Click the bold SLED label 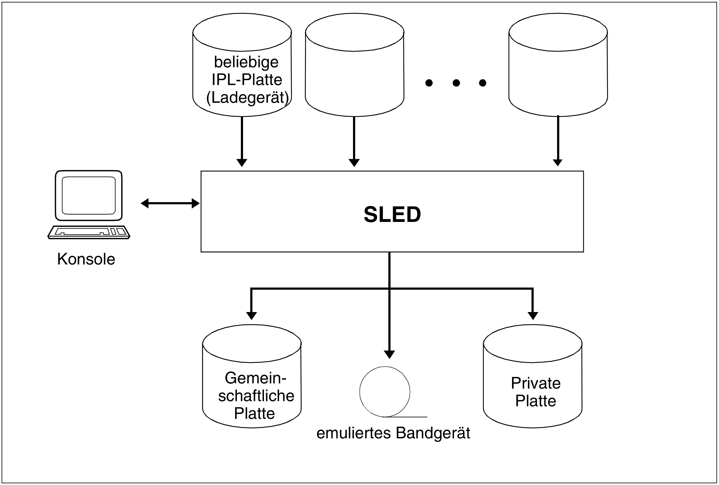click(392, 214)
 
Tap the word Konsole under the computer click(86, 259)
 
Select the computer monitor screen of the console click(89, 195)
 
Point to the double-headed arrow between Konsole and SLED click(170, 204)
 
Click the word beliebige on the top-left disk click(246, 62)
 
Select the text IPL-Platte click(247, 80)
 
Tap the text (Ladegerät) click(247, 97)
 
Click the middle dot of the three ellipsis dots click(456, 83)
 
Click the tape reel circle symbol click(385, 392)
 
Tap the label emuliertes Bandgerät click(393, 433)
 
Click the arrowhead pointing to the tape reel click(389, 354)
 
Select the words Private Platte click(535, 392)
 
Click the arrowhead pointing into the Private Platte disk click(533, 315)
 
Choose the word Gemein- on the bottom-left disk click(255, 378)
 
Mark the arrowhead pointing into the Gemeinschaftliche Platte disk click(251, 315)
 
